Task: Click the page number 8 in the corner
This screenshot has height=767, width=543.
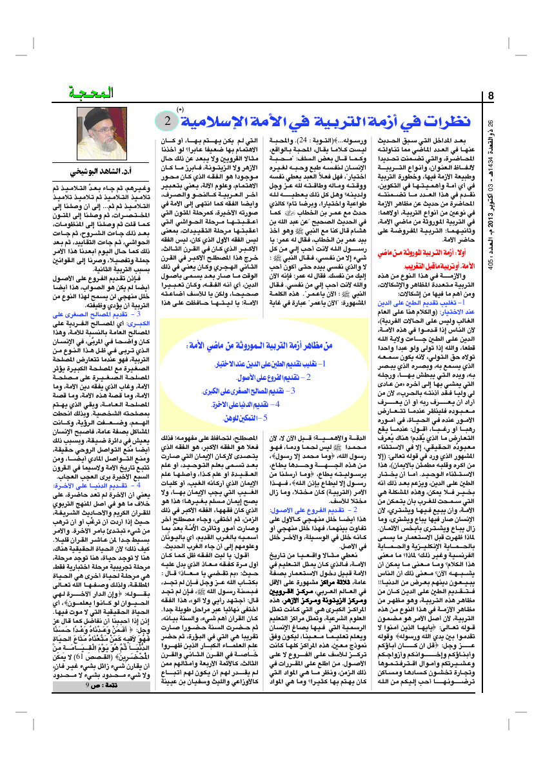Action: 491,97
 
